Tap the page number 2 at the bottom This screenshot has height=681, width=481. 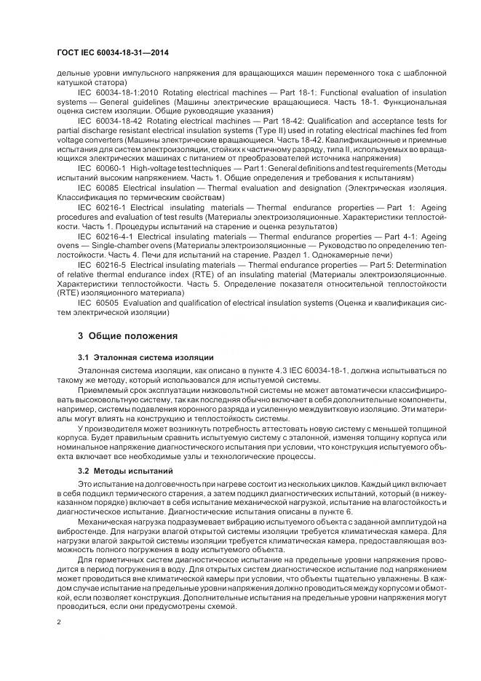coord(58,623)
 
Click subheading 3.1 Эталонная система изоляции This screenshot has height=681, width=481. coord(145,358)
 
